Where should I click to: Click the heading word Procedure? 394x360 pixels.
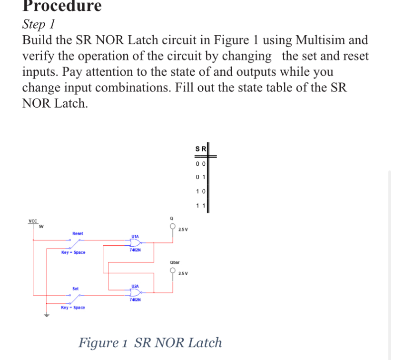tap(62, 6)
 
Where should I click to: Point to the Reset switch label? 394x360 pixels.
tap(78, 233)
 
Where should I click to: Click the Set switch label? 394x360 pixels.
tap(76, 289)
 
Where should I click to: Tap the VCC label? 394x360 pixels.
tap(33, 221)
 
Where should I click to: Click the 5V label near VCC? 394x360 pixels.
tap(41, 226)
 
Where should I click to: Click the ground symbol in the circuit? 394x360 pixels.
tap(47, 315)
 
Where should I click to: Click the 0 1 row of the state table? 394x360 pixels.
tap(200, 177)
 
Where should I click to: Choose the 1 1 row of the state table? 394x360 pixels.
tap(200, 206)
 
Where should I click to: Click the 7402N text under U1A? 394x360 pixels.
tap(135, 250)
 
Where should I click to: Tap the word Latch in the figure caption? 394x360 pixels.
tap(205, 342)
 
